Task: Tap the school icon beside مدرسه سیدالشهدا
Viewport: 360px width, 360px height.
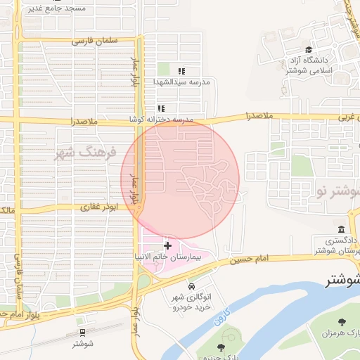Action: [181, 71]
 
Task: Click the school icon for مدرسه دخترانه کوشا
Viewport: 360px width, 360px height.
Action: [161, 109]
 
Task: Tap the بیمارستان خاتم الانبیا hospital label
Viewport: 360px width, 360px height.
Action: [169, 257]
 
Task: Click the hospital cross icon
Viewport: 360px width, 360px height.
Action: [167, 245]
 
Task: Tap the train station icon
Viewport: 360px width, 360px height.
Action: [82, 333]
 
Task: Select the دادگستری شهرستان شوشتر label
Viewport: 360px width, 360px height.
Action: [337, 245]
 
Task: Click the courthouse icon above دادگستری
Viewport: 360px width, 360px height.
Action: [341, 229]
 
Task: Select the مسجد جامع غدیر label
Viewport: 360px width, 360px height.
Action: [56, 8]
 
